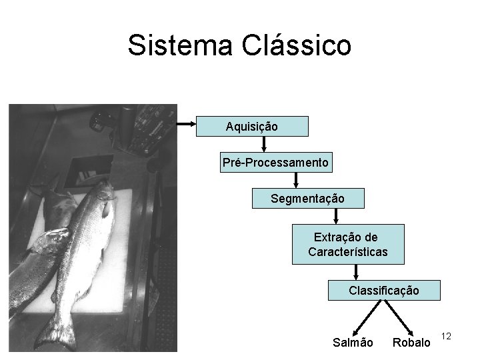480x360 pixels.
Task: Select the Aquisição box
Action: pos(252,126)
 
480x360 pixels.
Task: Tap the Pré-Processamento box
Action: pos(275,163)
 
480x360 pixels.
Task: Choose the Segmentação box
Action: pos(308,199)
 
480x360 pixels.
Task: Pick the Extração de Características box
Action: pos(347,245)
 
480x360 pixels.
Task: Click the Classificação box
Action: pos(385,291)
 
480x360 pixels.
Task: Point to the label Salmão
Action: pos(353,343)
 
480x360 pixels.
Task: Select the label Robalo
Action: pos(411,343)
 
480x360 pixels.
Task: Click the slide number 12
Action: pos(447,337)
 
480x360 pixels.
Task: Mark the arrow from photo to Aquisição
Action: pos(187,124)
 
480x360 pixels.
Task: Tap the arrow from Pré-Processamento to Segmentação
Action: pos(298,180)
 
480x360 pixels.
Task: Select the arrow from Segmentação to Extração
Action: pos(336,216)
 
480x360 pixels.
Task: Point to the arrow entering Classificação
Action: pos(357,272)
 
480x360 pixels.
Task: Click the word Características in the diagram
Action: pos(347,253)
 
